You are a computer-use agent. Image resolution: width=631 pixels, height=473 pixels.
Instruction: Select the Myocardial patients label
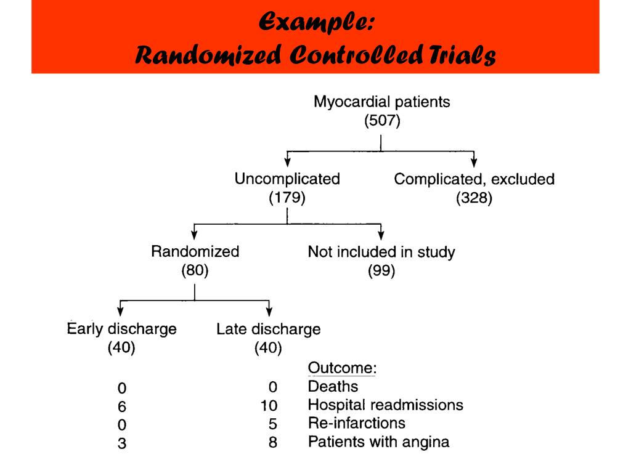pos(381,102)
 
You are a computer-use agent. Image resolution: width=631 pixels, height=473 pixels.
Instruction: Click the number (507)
pos(382,121)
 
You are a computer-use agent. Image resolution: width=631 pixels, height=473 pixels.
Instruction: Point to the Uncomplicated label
pos(287,179)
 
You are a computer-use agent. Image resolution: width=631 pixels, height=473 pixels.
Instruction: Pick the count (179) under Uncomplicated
pos(287,198)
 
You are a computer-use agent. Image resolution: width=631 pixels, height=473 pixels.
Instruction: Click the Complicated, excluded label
pos(474,179)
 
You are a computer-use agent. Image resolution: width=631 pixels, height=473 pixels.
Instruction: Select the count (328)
pos(474,198)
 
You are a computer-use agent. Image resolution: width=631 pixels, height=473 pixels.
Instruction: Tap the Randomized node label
pos(195,251)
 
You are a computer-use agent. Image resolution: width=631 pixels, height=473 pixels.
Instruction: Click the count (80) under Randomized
pos(195,270)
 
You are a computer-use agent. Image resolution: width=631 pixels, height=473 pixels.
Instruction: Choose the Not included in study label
pos(381,251)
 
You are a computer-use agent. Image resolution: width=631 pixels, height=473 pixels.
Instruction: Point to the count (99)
pos(381,270)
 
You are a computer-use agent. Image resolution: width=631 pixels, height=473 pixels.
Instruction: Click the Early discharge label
pos(121,329)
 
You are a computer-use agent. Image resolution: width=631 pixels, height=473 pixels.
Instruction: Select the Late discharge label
pos(268,329)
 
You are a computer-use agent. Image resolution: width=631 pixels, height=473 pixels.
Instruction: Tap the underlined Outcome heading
pos(342,368)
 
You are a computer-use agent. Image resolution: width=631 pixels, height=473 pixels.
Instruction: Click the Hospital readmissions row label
pos(385,405)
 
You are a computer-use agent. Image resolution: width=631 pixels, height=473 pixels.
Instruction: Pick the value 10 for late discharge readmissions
pos(269,405)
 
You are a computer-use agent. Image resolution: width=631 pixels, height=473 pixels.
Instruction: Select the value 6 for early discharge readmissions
pos(122,406)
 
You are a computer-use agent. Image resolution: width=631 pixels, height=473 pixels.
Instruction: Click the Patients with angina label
pos(378,442)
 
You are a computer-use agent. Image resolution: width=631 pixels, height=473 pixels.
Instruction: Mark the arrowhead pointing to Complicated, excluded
pos(474,163)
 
